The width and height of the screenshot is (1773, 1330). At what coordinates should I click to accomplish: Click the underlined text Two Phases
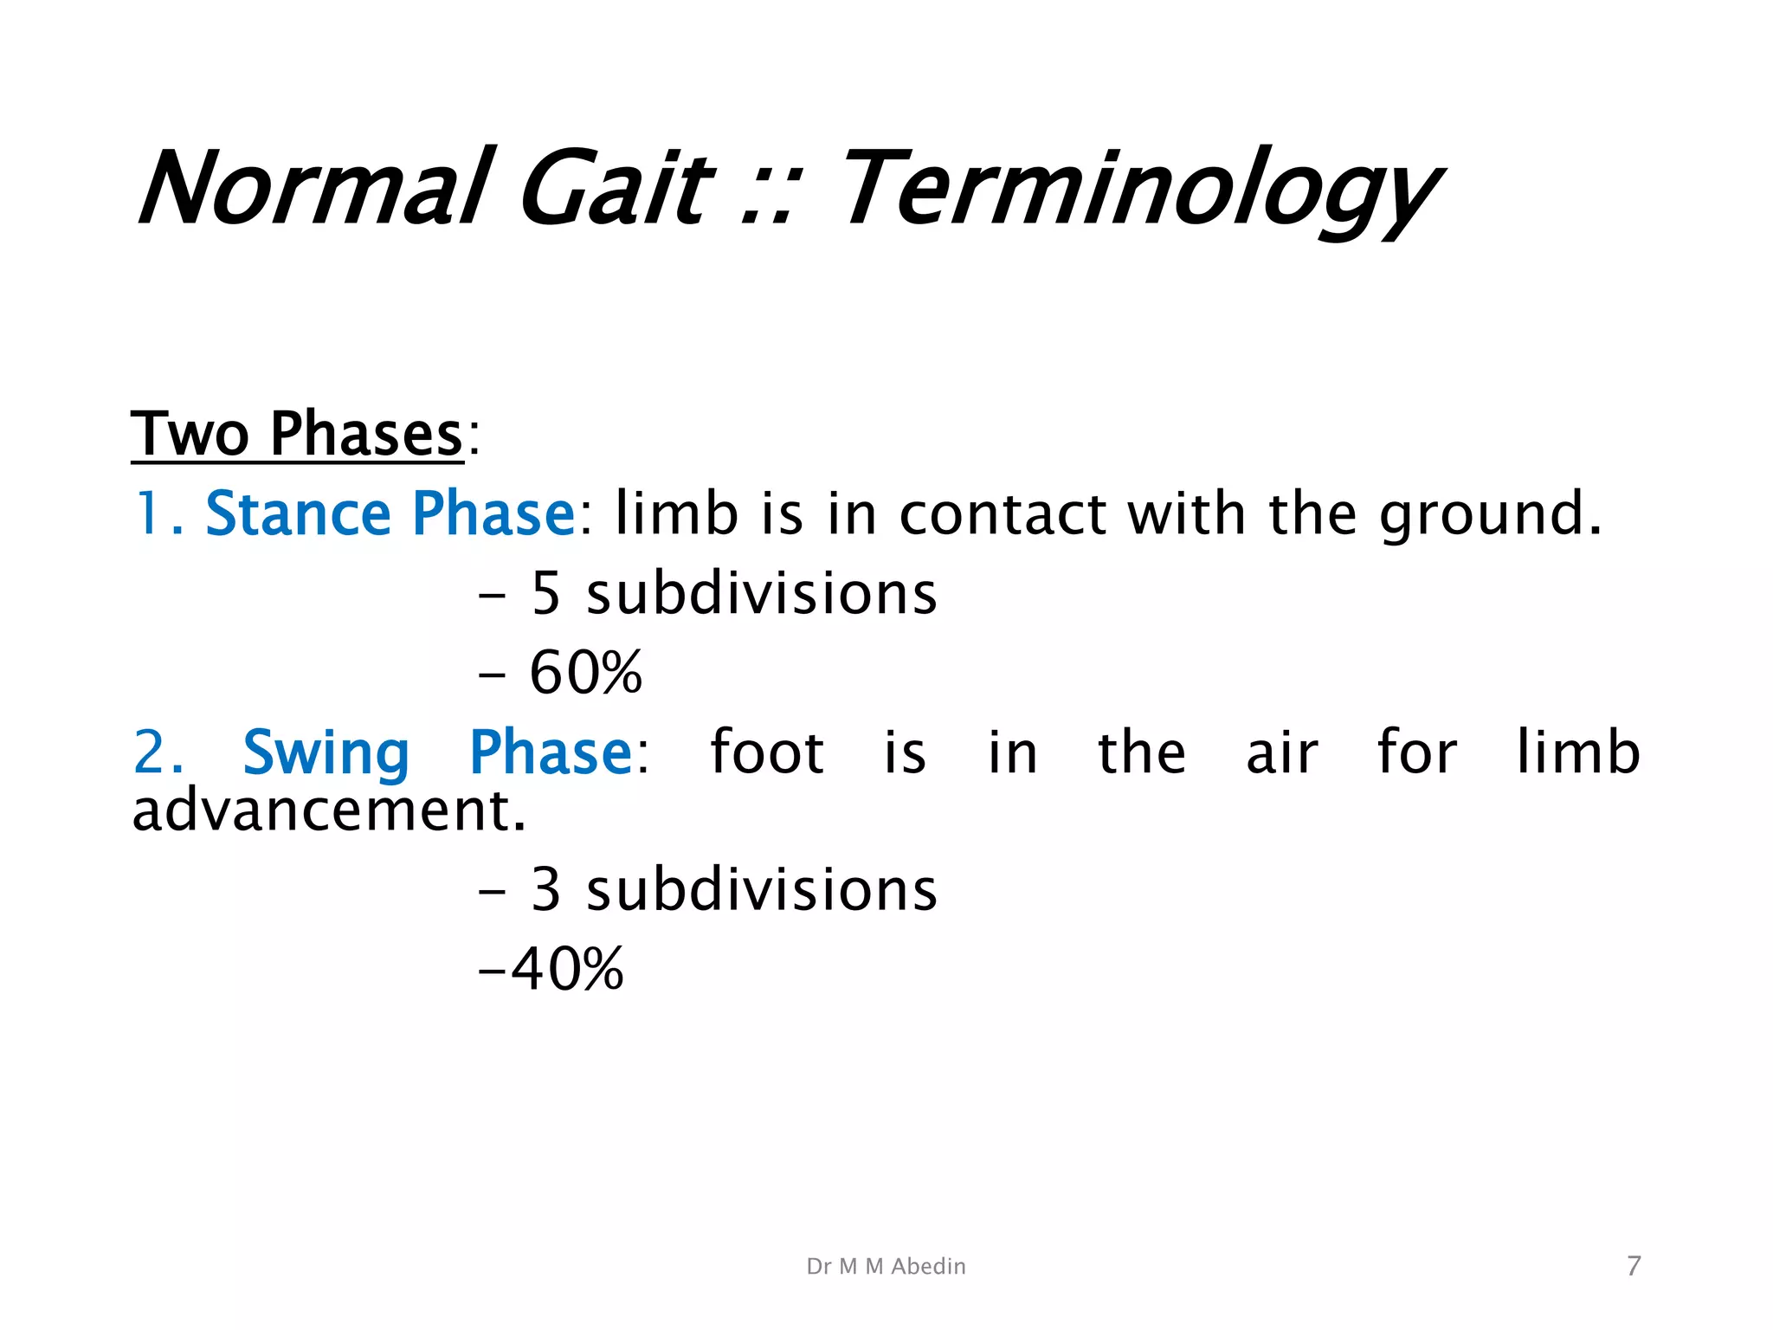(297, 434)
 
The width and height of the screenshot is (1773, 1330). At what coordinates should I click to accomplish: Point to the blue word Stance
(298, 513)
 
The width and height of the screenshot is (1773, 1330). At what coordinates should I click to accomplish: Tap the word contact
(1003, 514)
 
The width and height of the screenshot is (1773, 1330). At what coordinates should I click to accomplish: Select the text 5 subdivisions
(733, 594)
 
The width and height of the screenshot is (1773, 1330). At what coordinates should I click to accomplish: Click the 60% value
(586, 673)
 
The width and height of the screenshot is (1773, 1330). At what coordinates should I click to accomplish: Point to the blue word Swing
(326, 753)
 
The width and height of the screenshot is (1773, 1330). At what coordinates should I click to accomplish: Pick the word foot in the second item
(767, 752)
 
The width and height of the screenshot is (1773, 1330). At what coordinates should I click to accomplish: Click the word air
(1282, 752)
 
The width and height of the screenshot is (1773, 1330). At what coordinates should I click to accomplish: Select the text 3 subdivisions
(733, 890)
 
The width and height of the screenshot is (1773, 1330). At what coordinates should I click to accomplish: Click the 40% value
(567, 969)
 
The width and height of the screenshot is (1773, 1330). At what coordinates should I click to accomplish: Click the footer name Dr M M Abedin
(886, 1266)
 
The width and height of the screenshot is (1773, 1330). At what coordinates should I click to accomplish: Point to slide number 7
(1634, 1266)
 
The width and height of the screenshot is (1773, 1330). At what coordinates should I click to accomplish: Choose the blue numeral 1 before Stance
(146, 513)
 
